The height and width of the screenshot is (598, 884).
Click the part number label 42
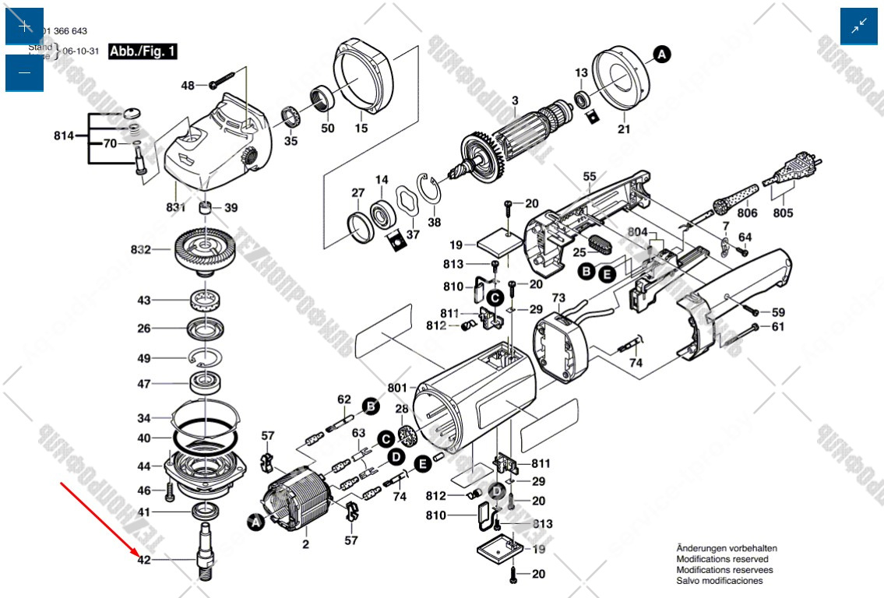[143, 560]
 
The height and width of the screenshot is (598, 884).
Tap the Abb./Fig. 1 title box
[143, 52]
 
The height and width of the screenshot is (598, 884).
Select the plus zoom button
[24, 26]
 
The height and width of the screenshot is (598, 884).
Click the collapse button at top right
[859, 26]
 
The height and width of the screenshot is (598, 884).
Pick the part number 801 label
[396, 388]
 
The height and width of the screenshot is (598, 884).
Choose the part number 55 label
[589, 177]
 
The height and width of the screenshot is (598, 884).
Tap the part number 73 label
[558, 298]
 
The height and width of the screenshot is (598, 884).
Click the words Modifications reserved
[722, 559]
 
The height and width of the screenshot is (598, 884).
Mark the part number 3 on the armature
[514, 100]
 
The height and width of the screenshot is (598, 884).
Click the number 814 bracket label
[64, 136]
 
